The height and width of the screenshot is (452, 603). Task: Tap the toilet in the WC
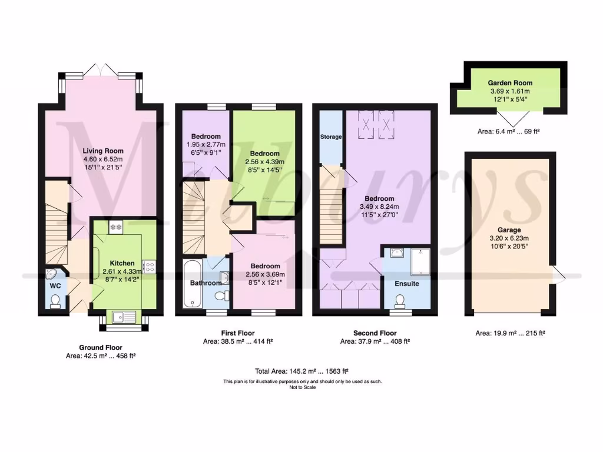[55, 301]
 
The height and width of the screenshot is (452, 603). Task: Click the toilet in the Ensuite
[400, 301]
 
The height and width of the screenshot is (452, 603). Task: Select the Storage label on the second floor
[331, 137]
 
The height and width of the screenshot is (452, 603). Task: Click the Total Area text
[301, 371]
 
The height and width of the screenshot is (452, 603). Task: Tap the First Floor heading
[237, 333]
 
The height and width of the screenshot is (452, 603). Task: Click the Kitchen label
[122, 263]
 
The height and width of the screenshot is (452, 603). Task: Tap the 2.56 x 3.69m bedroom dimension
[264, 274]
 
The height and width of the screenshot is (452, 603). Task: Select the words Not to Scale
[302, 387]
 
